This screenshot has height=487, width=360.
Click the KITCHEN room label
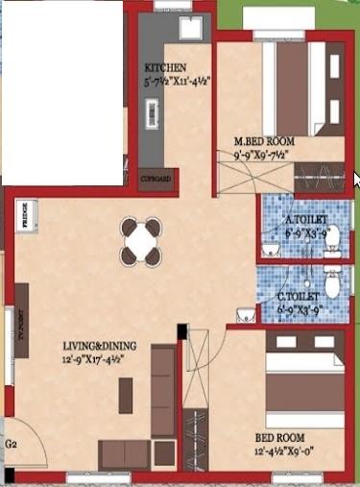(x=165, y=67)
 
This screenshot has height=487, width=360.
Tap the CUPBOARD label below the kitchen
(x=156, y=180)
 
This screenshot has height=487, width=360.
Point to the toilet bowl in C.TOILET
(x=332, y=285)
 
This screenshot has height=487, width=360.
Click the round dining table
(x=141, y=241)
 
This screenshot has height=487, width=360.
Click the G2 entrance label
(x=12, y=446)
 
